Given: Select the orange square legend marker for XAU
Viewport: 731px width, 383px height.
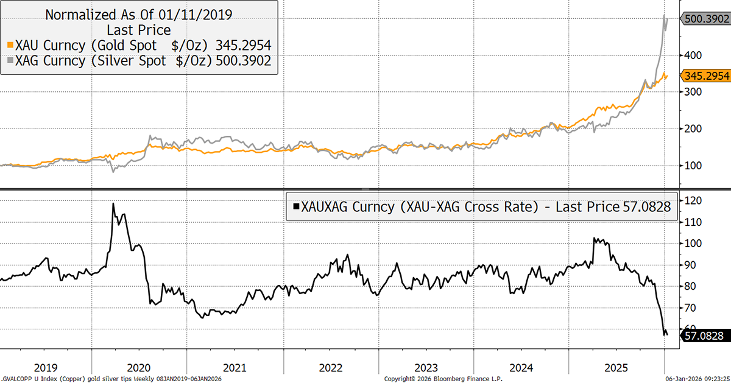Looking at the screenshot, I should (x=9, y=45).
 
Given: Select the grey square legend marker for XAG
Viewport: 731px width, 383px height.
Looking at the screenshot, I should (x=9, y=60).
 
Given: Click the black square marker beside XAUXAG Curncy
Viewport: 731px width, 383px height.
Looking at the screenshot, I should (x=296, y=207).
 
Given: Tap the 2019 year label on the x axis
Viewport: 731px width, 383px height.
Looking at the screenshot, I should (x=46, y=368).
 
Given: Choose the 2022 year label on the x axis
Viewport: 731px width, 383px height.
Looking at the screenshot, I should (x=330, y=368).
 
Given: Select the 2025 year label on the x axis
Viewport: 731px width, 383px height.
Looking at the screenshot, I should (x=616, y=368).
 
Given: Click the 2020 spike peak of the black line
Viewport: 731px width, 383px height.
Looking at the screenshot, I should (x=113, y=203).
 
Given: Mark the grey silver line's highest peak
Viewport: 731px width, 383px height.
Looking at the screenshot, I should (x=664, y=15).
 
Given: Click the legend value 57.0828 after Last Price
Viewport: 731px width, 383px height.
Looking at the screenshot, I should (x=646, y=207).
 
